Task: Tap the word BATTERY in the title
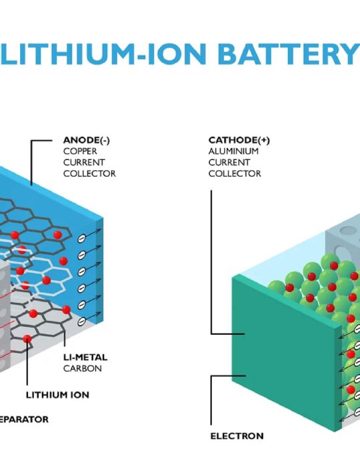tap(288, 54)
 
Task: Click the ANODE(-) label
tap(86, 140)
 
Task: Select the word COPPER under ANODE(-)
tap(80, 151)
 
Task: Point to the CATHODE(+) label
tap(239, 140)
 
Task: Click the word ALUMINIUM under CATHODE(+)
tap(233, 151)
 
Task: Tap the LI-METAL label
tap(85, 357)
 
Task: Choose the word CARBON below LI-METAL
tap(83, 368)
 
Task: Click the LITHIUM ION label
tap(57, 395)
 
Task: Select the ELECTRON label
tap(237, 436)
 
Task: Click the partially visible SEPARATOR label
tap(24, 420)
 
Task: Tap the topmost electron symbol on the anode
tap(81, 238)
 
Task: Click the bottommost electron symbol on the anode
tap(81, 321)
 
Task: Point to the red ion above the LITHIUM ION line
tap(27, 339)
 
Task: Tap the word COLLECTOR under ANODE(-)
tap(89, 173)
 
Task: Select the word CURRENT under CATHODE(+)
tap(229, 162)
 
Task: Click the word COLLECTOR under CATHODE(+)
tap(235, 173)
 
